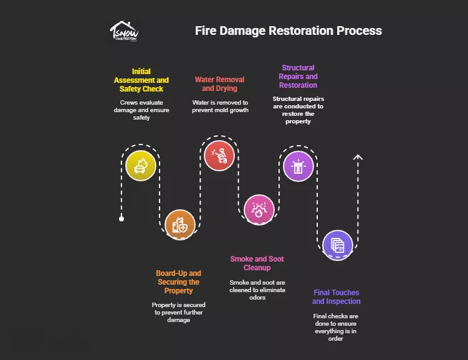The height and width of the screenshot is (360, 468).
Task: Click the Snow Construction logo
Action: click(124, 31)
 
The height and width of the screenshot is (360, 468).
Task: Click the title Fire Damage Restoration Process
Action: click(289, 31)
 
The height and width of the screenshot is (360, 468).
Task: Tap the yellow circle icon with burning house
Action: click(140, 166)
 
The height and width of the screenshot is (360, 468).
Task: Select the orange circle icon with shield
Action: click(180, 225)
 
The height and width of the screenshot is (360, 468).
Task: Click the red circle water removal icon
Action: click(219, 155)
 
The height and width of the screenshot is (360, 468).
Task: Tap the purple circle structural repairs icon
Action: click(298, 166)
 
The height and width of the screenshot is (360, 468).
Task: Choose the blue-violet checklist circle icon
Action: click(337, 245)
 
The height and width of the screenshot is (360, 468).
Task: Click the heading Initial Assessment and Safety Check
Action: click(141, 80)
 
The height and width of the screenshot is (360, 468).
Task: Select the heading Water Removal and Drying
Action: click(219, 84)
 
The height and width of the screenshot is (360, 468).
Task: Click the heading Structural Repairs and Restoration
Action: click(298, 76)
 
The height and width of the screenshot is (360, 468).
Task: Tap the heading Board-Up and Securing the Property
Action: click(178, 282)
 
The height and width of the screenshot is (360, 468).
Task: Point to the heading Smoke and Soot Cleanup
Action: click(257, 263)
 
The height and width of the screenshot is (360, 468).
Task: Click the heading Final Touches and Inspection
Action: click(336, 297)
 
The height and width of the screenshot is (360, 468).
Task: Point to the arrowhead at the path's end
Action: click(358, 157)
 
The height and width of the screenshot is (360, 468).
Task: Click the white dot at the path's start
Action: click(122, 219)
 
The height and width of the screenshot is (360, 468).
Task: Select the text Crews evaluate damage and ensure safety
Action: click(141, 110)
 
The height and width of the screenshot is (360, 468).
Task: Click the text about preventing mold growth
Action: click(219, 106)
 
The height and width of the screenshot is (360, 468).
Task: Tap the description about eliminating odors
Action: click(257, 290)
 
